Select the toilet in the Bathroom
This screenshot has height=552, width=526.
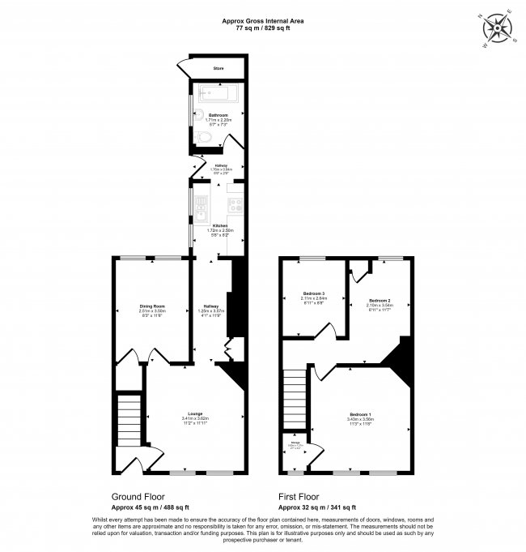click(205, 140)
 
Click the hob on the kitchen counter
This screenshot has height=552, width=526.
click(236, 205)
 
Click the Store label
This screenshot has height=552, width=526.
click(218, 69)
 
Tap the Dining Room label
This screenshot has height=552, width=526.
click(151, 305)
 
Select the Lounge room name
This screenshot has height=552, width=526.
click(195, 413)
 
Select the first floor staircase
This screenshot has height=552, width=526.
click(295, 396)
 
